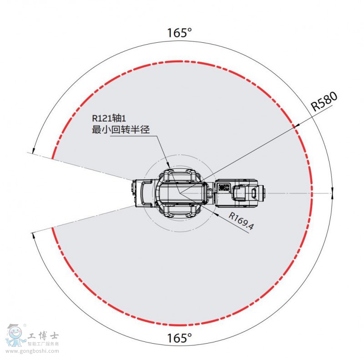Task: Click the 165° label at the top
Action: (179, 33)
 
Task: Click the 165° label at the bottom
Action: (179, 338)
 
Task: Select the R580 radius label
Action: (324, 101)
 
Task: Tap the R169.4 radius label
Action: (242, 221)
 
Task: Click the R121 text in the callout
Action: (102, 118)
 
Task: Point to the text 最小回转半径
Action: (121, 129)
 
